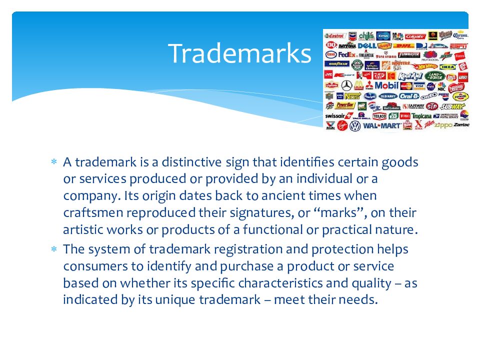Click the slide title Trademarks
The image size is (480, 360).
pos(239,53)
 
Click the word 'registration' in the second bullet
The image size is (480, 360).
pos(244,249)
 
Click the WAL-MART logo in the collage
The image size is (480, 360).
pos(382,125)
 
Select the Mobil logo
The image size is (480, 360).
pos(386,85)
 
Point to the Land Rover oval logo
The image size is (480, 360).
pos(434,76)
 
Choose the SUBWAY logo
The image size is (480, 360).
pos(453,106)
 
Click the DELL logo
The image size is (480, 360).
pos(366,45)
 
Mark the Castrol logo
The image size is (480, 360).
pos(335,36)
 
